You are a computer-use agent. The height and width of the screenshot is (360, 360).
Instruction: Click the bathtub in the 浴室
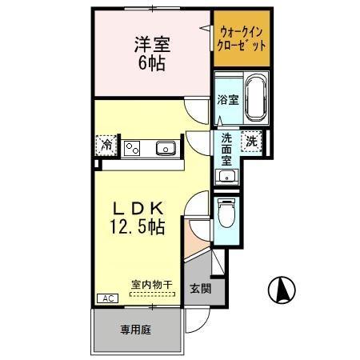(x=256, y=96)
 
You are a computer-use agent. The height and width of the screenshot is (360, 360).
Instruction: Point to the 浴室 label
(x=227, y=100)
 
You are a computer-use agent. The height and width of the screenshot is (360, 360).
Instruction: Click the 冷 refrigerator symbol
(x=106, y=146)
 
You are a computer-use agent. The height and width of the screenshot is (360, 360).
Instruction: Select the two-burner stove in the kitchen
(x=132, y=147)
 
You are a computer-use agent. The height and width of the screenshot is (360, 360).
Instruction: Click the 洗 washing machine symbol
(x=252, y=141)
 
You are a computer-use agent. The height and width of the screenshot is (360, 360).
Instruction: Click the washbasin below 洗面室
(x=226, y=178)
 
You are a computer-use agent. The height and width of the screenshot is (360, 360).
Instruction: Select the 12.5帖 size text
(x=138, y=227)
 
